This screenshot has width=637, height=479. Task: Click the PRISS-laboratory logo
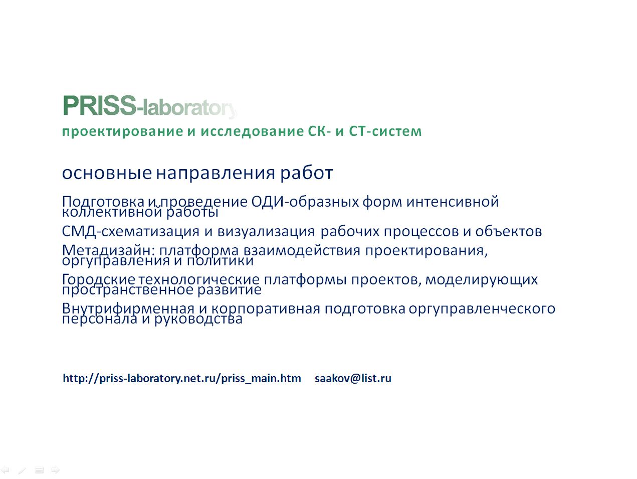click(150, 106)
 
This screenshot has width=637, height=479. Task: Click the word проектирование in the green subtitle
click(122, 131)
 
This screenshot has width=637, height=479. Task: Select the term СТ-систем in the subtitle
click(385, 131)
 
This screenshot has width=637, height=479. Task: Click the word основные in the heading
click(107, 173)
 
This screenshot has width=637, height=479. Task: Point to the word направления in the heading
click(216, 174)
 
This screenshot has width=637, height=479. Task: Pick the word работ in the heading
click(306, 173)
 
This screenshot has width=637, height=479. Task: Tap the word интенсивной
click(453, 202)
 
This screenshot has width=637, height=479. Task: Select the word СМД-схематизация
click(131, 231)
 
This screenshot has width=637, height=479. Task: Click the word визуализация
click(266, 232)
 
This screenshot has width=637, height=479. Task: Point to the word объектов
click(508, 231)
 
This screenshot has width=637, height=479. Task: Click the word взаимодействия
click(302, 250)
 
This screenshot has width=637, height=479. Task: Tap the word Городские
click(99, 279)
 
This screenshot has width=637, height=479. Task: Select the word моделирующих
click(482, 279)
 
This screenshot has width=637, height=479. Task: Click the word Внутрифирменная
click(128, 308)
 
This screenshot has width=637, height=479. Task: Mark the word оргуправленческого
click(482, 308)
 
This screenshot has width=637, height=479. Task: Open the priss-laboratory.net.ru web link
click(182, 379)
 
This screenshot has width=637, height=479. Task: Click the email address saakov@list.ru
click(353, 379)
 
